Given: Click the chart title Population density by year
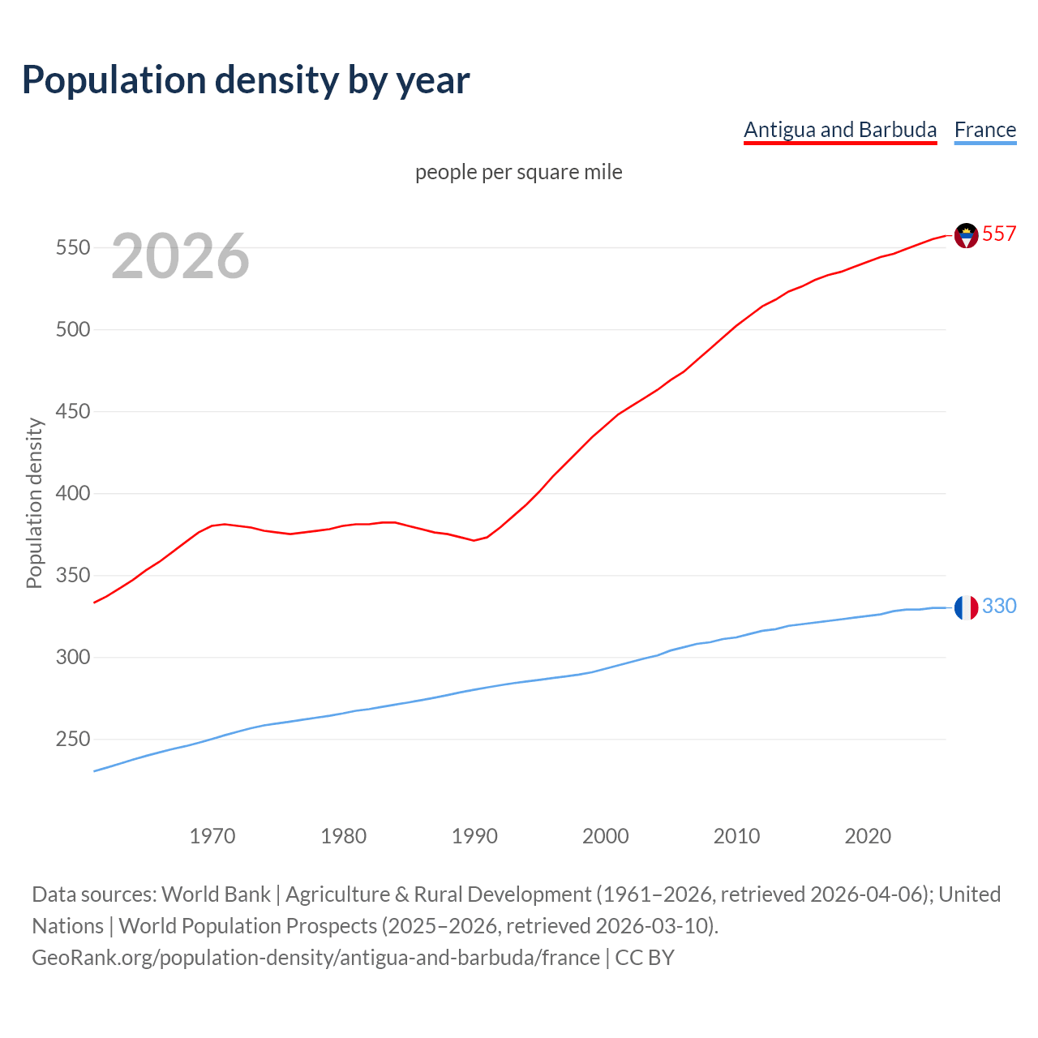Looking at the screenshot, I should (x=246, y=80).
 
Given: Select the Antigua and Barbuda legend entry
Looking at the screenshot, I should (x=840, y=130).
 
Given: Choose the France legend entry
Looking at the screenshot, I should (x=984, y=130).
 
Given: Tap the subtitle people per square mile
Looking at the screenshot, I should (x=518, y=172).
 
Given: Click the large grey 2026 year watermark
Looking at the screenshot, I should (x=180, y=256).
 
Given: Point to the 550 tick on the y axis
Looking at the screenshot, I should (x=72, y=247).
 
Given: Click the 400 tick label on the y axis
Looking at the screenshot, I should (x=72, y=493).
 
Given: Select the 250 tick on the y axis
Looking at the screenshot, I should (x=72, y=739).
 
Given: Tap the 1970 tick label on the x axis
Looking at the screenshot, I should (x=212, y=835).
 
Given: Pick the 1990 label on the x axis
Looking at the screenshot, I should (x=474, y=835).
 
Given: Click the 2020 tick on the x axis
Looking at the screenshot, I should (x=868, y=835).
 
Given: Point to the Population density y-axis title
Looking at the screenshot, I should (x=34, y=503).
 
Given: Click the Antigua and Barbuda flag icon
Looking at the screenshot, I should (x=966, y=235).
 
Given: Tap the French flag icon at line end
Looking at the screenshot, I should (x=966, y=607).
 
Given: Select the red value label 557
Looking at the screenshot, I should (x=999, y=234).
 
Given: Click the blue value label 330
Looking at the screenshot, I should (x=999, y=606).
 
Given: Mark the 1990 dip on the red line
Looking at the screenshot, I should (x=474, y=540).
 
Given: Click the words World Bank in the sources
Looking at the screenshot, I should (x=216, y=894).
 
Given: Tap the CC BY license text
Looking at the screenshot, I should (x=645, y=957).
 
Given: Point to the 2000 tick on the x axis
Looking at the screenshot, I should (x=606, y=835).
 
